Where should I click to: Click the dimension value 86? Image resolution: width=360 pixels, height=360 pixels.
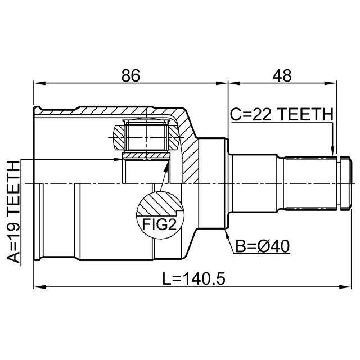130,75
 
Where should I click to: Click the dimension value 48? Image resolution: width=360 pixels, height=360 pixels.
282,75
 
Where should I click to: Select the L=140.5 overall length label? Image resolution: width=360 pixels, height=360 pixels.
193,278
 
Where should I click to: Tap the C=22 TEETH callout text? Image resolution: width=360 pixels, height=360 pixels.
282,114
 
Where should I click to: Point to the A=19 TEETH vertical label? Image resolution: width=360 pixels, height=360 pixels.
13,212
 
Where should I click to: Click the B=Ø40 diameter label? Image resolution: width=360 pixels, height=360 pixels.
263,246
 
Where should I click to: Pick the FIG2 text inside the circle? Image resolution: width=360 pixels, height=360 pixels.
159,224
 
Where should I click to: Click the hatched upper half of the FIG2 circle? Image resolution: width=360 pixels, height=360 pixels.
160,204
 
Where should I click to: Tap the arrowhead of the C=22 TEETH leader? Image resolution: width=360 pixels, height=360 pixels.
332,151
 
